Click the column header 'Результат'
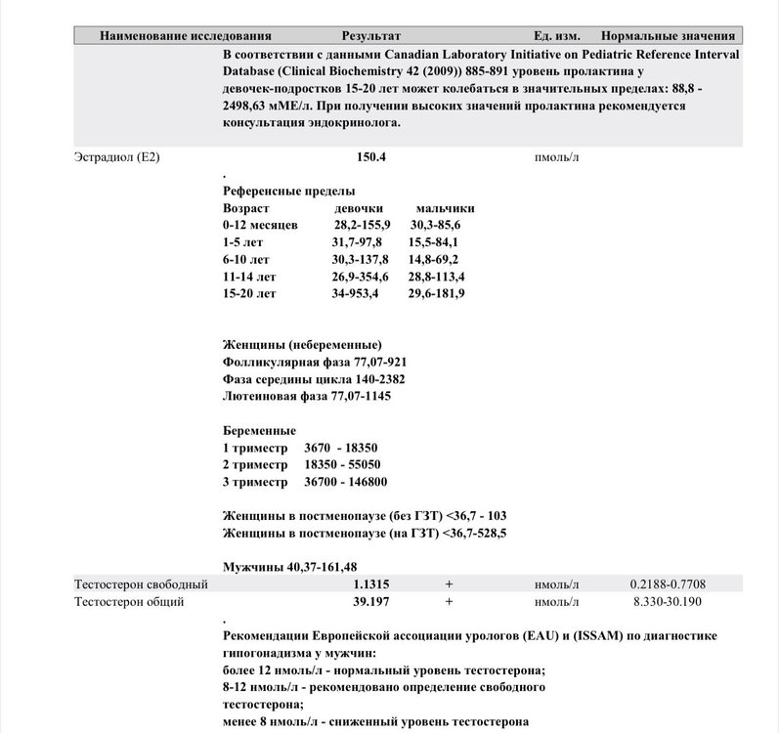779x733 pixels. [370, 35]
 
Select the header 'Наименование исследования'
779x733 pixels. [185, 35]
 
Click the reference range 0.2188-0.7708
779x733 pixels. [669, 584]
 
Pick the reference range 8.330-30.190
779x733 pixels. [669, 602]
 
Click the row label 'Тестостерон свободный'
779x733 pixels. [141, 584]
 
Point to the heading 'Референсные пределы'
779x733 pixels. [288, 192]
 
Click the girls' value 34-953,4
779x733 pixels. [356, 293]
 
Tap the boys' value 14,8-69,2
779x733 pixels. [434, 259]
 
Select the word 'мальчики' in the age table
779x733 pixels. [446, 208]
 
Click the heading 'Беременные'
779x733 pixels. [259, 431]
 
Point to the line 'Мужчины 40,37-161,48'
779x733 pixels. [289, 567]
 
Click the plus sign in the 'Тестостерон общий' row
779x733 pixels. [449, 602]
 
